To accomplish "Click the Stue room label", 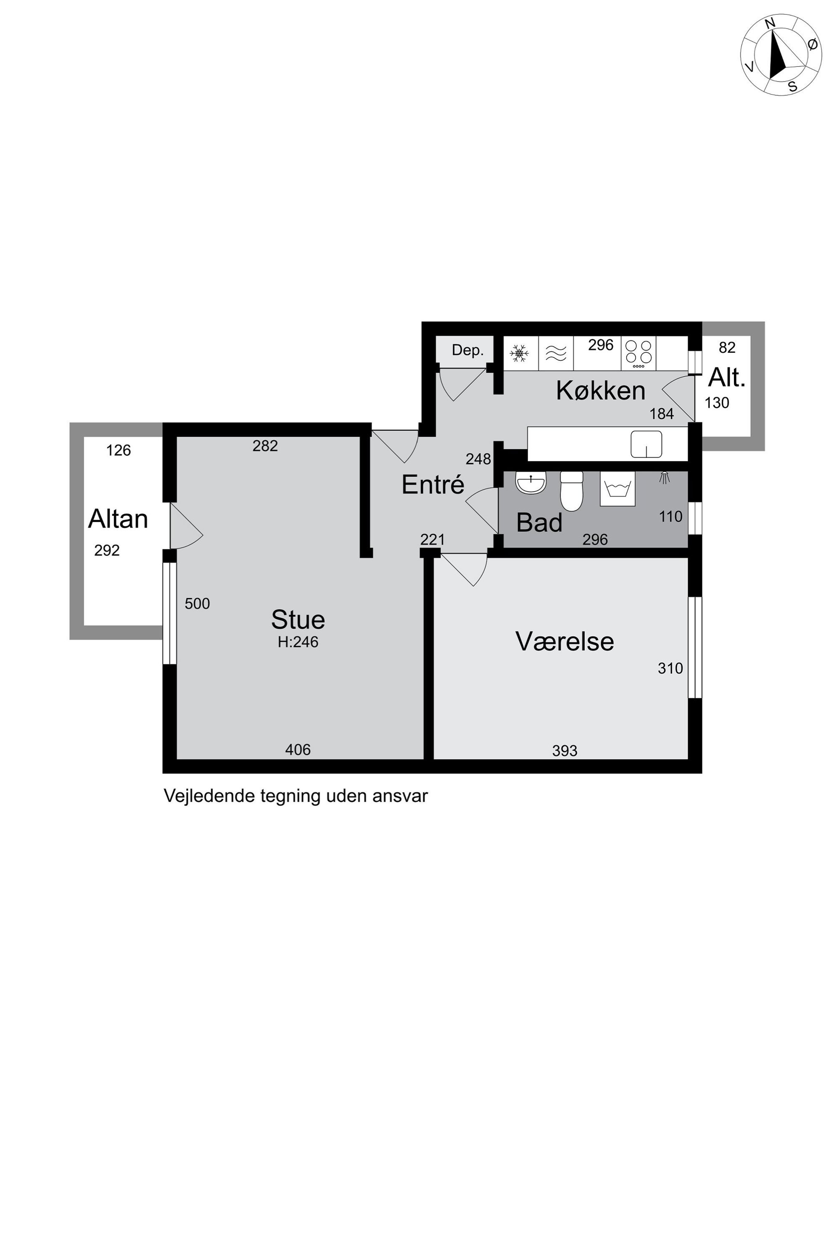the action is (298, 620).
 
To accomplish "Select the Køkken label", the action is (601, 391).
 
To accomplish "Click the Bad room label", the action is (539, 523).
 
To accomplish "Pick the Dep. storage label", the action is (467, 350).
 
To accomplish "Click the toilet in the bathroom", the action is (572, 491).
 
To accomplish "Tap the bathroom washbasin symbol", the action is (531, 483).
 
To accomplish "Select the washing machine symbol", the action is (618, 488).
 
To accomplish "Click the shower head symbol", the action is (664, 478).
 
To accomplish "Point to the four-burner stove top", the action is (638, 353).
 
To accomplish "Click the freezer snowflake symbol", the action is (519, 353).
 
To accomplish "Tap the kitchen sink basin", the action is (646, 444).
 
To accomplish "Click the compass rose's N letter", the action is (770, 38).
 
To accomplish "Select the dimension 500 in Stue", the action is (197, 604).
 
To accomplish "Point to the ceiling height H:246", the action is (298, 642).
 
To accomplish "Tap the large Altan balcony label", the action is (118, 519).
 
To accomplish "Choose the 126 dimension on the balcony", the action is (118, 451).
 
